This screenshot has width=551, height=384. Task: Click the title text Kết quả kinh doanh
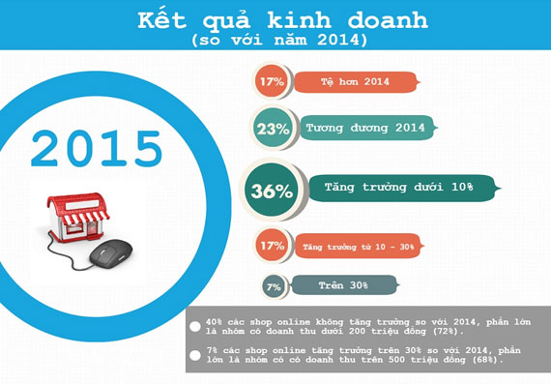click(x=275, y=19)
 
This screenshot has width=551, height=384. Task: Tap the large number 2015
click(x=96, y=148)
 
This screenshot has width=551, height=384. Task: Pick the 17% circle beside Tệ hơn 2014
click(x=270, y=82)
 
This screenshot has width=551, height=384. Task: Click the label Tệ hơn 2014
click(x=355, y=82)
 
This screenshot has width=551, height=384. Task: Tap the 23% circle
click(x=270, y=128)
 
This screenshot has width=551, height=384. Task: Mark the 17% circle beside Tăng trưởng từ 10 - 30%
click(x=270, y=246)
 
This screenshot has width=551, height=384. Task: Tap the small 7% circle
click(x=275, y=285)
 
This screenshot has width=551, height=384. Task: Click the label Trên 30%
click(x=344, y=285)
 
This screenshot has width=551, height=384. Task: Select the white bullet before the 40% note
click(x=195, y=325)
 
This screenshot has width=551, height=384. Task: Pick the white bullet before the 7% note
click(x=195, y=354)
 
